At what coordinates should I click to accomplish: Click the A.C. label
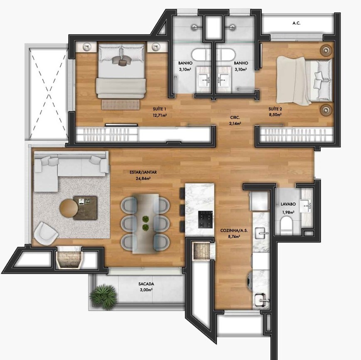coord(296,24)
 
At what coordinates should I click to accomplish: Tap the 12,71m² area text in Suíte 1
coord(160,115)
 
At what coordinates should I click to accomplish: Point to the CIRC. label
coord(234,118)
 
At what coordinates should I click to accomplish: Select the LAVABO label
coord(287,204)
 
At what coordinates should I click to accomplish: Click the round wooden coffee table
coord(69,208)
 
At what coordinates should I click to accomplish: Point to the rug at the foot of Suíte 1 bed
coord(121,105)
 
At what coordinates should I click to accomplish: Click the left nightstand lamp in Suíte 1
coord(88,47)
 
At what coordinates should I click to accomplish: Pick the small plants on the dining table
coord(146,223)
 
